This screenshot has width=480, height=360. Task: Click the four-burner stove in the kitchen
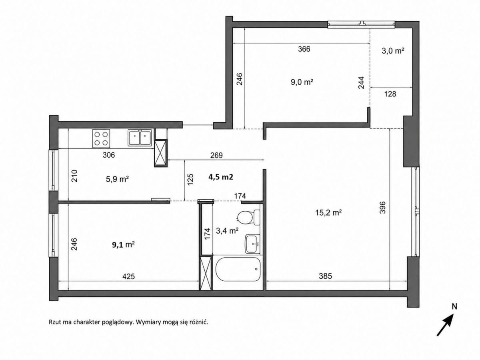[x=101, y=138]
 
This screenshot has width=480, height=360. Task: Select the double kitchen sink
[x=140, y=138]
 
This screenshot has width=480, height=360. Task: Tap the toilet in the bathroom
[x=249, y=217]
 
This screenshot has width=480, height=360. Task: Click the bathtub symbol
[x=238, y=269]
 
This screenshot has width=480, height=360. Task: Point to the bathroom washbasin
[x=252, y=244]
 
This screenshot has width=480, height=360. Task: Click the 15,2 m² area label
[x=328, y=212]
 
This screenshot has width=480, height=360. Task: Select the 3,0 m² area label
[x=393, y=51]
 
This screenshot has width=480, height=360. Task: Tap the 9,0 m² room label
[x=302, y=82]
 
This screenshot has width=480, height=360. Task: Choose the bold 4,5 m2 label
[x=221, y=177]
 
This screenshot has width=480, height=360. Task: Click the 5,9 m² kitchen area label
[x=117, y=179]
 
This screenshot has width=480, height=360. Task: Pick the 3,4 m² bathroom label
[x=227, y=231]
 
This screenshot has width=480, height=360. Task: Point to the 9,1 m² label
[x=123, y=244]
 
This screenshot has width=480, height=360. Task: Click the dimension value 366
[x=304, y=49]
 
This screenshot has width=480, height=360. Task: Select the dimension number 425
[x=128, y=276]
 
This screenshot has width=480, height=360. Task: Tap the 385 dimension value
[x=325, y=276]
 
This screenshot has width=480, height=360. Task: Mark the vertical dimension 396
[x=382, y=208]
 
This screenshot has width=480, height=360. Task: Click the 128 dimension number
[x=390, y=94]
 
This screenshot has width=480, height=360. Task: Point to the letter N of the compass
[x=454, y=307]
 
